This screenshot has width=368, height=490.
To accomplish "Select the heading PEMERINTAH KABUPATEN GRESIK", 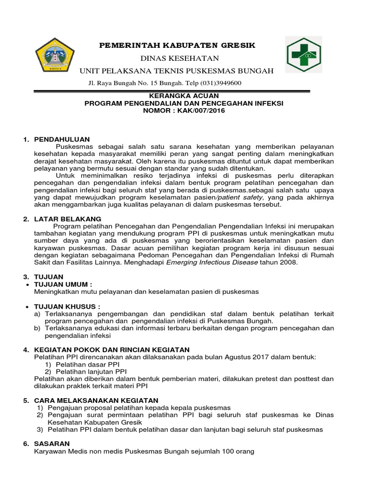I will click(x=177, y=45).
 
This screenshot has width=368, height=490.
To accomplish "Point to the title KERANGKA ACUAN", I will click(x=184, y=95).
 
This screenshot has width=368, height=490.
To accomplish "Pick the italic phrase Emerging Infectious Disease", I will click(x=212, y=263).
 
